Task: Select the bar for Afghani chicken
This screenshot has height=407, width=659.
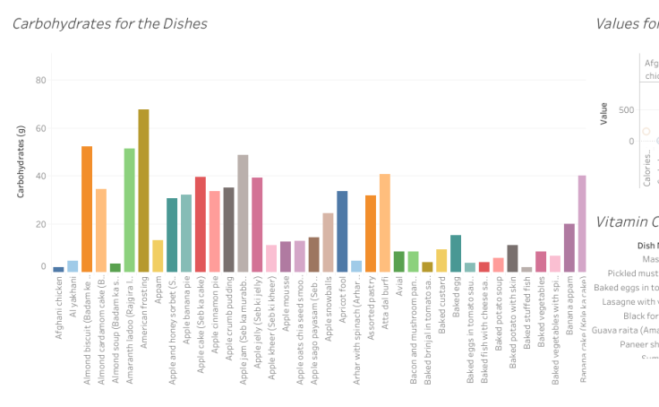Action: coord(58,269)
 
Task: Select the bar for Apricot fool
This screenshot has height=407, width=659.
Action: coord(342,231)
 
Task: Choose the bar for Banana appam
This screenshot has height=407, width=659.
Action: coord(569,247)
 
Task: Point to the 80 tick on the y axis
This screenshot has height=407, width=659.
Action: coord(39,80)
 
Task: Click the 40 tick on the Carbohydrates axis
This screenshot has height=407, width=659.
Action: coord(39,176)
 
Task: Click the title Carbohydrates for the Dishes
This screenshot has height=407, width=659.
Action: coord(109,23)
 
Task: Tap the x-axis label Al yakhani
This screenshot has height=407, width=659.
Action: coord(73,305)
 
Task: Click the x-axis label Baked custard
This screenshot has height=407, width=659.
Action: coord(442,307)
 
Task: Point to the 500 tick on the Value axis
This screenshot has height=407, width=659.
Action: coord(625,110)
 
